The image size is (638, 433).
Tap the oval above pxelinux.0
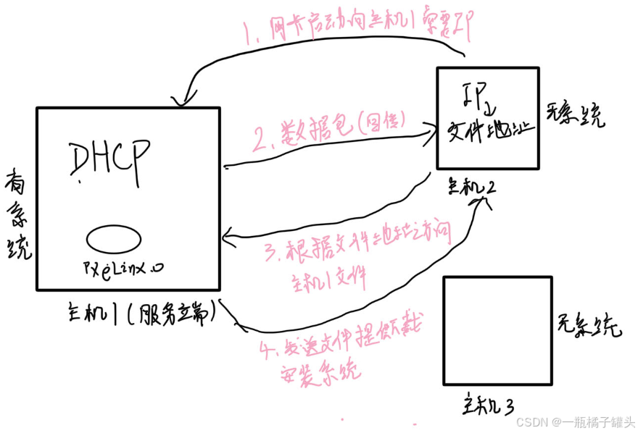pyautogui.click(x=113, y=238)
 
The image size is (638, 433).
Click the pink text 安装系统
pyautogui.click(x=320, y=373)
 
